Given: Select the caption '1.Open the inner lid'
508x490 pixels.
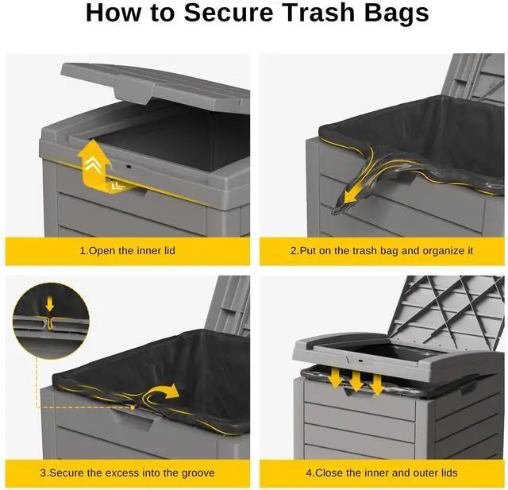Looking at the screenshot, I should coord(127,251).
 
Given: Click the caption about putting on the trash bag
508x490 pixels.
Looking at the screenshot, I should coord(381,251).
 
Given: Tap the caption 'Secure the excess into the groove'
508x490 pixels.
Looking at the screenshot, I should coord(127,473).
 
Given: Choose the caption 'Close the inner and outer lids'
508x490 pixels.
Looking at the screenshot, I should coord(381,473).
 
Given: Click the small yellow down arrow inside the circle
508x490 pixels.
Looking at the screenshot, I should coord(49,303).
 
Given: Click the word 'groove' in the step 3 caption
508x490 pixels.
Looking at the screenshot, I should coord(196,473).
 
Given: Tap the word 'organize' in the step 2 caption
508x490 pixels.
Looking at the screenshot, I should coord(431,251).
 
